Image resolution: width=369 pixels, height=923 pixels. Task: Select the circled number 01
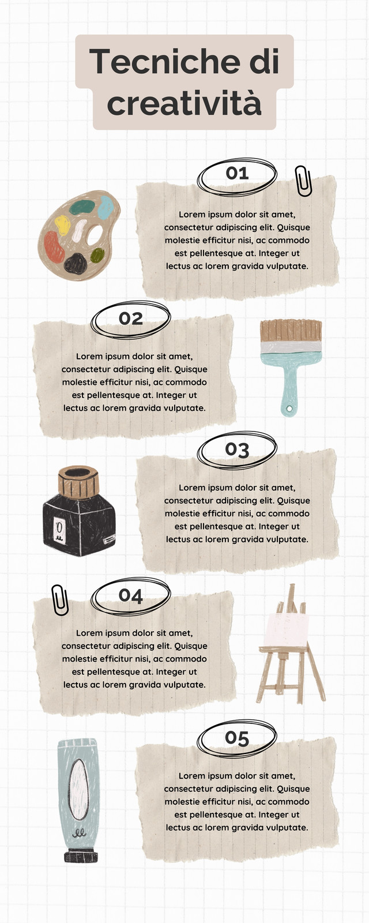tap(237, 173)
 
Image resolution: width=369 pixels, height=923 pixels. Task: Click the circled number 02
tap(130, 318)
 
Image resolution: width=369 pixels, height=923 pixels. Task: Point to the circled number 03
tap(237, 450)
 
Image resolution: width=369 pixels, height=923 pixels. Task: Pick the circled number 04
tap(130, 595)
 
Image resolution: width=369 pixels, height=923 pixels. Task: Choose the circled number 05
tap(237, 738)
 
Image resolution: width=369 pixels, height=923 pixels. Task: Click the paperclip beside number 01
tap(303, 181)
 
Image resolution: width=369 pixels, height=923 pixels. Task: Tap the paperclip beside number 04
tap(60, 600)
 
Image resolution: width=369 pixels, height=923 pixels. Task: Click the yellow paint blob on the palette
tap(63, 224)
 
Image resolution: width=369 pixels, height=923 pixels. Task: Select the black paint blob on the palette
tap(76, 264)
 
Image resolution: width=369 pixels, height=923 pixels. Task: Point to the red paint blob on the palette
tap(54, 247)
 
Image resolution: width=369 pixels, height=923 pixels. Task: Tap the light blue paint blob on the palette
tap(105, 207)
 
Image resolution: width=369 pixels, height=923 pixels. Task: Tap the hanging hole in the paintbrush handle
tap(289, 409)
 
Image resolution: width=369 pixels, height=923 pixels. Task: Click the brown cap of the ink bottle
tap(78, 482)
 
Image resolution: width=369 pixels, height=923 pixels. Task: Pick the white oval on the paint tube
tap(78, 793)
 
